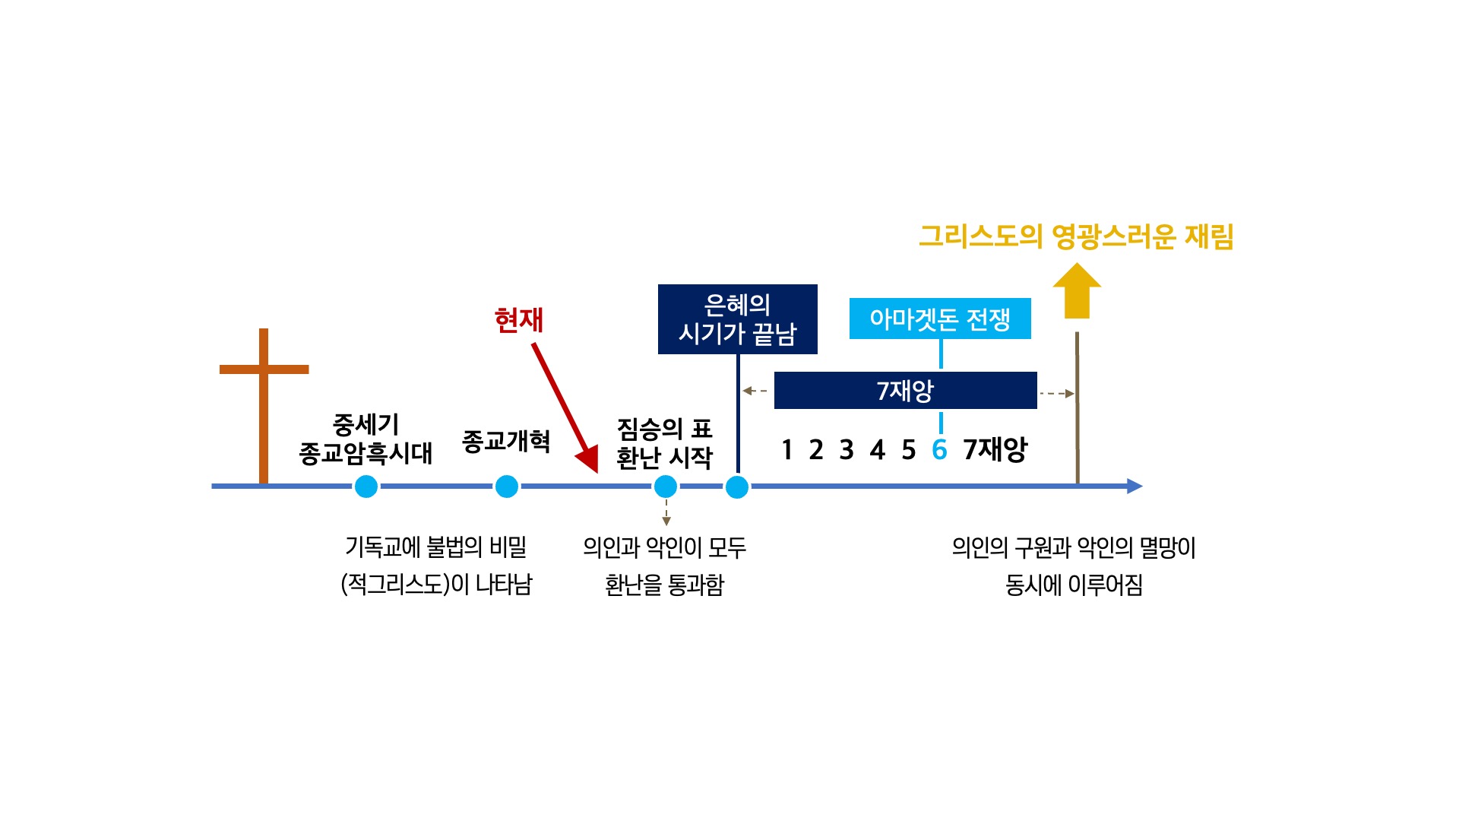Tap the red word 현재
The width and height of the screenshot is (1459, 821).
[x=519, y=320]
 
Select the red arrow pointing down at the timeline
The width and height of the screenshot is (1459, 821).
[x=565, y=408]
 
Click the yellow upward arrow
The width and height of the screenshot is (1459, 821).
[x=1077, y=290]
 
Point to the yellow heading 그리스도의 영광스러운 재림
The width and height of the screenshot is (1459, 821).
[x=1076, y=236]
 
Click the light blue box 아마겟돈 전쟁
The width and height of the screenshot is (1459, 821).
[x=940, y=319]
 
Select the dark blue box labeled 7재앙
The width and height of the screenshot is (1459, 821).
[x=906, y=391]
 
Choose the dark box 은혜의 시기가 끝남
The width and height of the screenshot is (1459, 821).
[x=738, y=319]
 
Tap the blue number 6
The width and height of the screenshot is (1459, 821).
[x=939, y=450]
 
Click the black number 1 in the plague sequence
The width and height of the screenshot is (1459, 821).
[x=787, y=450]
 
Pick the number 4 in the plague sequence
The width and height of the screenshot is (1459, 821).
[x=878, y=450]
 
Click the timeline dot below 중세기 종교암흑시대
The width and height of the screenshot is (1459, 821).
[x=366, y=487]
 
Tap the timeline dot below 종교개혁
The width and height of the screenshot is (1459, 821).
[x=507, y=487]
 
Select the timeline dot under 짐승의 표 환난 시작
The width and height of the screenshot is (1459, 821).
[x=666, y=487]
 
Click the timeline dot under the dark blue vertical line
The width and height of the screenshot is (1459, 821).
[x=737, y=487]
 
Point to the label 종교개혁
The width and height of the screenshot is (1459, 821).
[x=506, y=441]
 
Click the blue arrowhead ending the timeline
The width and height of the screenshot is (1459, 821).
[x=1135, y=487]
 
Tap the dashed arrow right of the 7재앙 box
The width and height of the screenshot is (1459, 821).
[x=1057, y=393]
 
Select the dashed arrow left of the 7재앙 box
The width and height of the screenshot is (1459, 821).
[x=755, y=391]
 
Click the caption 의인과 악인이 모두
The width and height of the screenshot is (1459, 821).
[x=665, y=547]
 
